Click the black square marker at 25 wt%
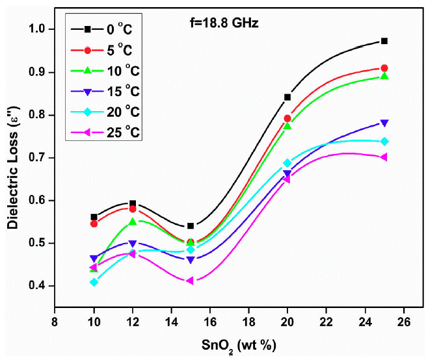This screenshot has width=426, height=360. coord(384,41)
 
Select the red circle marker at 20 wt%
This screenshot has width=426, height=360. coord(287,118)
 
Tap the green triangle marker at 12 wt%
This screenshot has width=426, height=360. coord(133,222)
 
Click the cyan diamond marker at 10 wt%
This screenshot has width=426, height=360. coord(94,282)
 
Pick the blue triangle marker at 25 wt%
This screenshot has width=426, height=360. coord(384,123)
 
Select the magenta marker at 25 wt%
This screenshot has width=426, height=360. coord(384,157)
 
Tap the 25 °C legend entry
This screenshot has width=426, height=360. coord(104,133)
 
